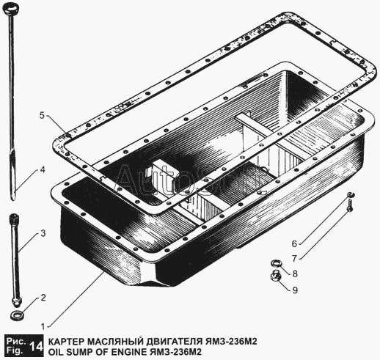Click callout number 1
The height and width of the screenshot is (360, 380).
tap(43, 327)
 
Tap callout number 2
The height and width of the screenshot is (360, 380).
tap(43, 298)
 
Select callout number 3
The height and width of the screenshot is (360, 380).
tap(43, 233)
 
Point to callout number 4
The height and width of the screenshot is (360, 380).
tap(43, 169)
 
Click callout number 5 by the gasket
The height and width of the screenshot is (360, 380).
tap(43, 115)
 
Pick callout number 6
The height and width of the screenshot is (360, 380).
tap(294, 243)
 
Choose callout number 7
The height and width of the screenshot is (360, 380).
tap(294, 258)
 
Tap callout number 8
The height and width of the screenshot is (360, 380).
tap(295, 273)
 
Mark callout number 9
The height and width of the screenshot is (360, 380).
tap(295, 290)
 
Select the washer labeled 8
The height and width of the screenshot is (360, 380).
tap(277, 263)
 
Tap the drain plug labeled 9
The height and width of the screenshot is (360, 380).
tap(276, 276)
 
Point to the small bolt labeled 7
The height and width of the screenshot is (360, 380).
tap(350, 206)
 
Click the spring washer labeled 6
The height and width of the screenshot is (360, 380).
tap(351, 194)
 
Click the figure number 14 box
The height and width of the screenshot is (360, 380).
tap(36, 346)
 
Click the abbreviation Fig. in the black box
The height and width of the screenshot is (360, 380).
tap(16, 350)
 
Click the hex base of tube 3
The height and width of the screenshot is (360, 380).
tap(16, 301)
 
